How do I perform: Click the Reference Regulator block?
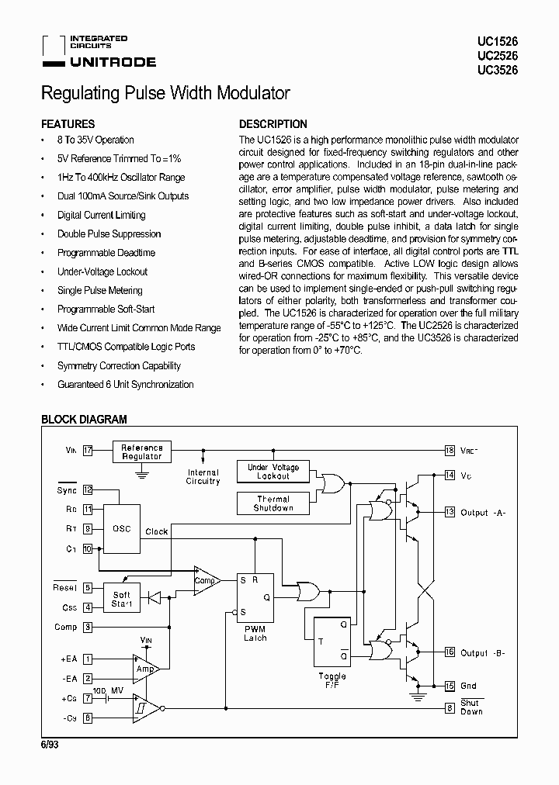(x=142, y=452)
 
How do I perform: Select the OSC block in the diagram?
(x=122, y=530)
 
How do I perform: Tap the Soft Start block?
(x=122, y=599)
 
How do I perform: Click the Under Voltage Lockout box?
(x=273, y=472)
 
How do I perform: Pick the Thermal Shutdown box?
(x=273, y=503)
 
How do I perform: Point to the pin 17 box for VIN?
(x=88, y=450)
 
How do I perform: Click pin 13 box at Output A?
(x=450, y=512)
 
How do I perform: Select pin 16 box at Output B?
(x=450, y=652)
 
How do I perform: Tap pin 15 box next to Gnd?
(x=450, y=686)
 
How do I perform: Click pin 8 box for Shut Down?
(x=450, y=707)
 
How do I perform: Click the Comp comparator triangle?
(x=206, y=579)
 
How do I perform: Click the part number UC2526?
(x=502, y=55)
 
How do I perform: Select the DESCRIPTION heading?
(x=273, y=124)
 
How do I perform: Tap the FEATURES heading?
(x=68, y=124)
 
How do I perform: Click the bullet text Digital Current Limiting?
(x=101, y=215)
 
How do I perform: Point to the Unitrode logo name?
(x=113, y=62)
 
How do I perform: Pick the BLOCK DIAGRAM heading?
(x=83, y=420)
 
